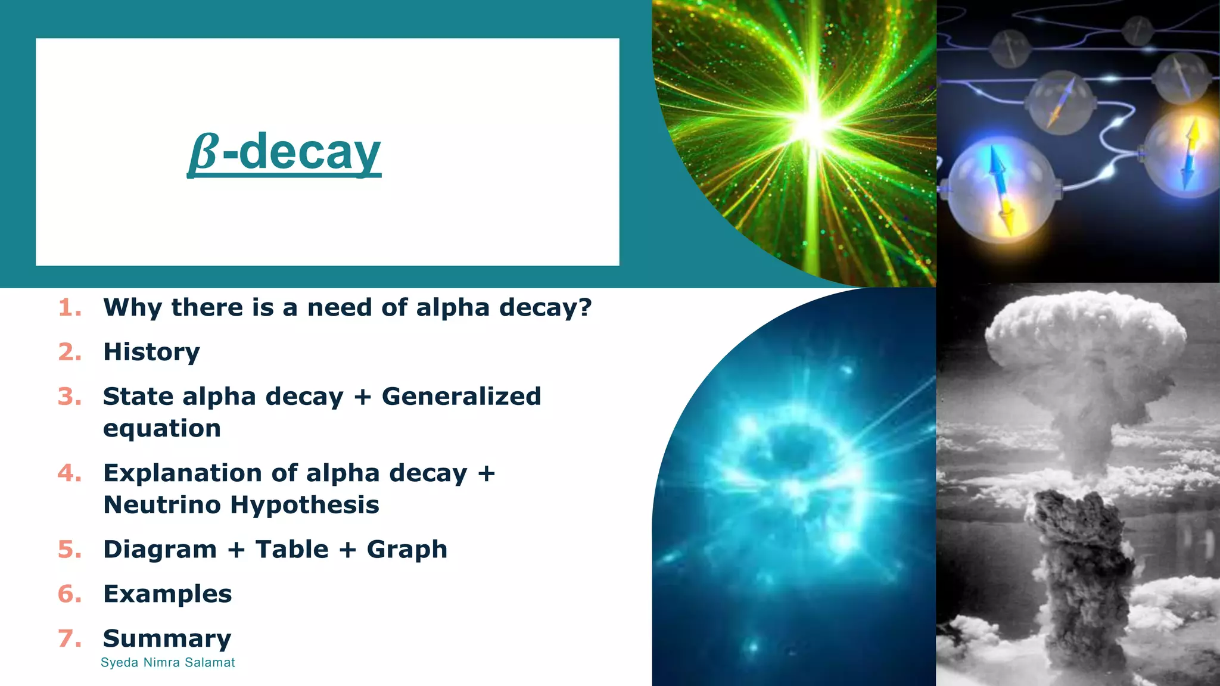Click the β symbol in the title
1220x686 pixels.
[x=203, y=153]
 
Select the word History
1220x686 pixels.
[x=151, y=352]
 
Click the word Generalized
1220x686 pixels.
[x=461, y=397]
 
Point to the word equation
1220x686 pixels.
[x=161, y=429]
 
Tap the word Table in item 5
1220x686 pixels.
[x=291, y=550]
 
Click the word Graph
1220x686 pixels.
[x=407, y=550]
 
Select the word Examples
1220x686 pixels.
[x=167, y=594]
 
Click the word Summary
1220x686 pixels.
[x=167, y=639]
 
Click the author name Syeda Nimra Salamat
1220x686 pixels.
[x=167, y=663]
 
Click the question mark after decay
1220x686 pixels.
[x=585, y=308]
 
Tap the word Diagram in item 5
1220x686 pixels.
[x=160, y=550]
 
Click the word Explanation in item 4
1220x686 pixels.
[x=182, y=473]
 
